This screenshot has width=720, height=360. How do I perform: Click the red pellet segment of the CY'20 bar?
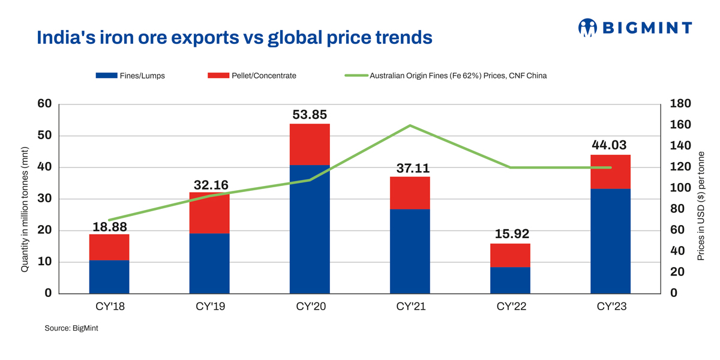click(310, 144)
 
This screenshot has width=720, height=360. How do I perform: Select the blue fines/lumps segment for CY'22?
click(510, 280)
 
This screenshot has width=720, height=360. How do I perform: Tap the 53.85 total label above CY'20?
click(310, 115)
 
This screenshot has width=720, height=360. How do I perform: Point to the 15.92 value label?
click(510, 234)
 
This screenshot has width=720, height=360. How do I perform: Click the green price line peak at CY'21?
click(410, 125)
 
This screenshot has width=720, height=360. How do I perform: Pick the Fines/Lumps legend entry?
click(130, 76)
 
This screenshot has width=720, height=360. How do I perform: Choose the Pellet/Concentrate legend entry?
click(252, 76)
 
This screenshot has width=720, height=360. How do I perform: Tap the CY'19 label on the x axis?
click(209, 307)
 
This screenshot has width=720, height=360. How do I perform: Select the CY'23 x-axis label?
click(610, 307)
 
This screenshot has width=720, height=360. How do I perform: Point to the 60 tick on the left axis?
click(44, 104)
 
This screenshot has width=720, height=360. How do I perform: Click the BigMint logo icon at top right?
click(587, 27)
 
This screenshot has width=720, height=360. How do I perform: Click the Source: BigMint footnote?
click(71, 329)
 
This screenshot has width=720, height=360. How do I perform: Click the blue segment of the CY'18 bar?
click(109, 277)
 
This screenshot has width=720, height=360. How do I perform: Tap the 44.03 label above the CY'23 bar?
click(610, 146)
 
